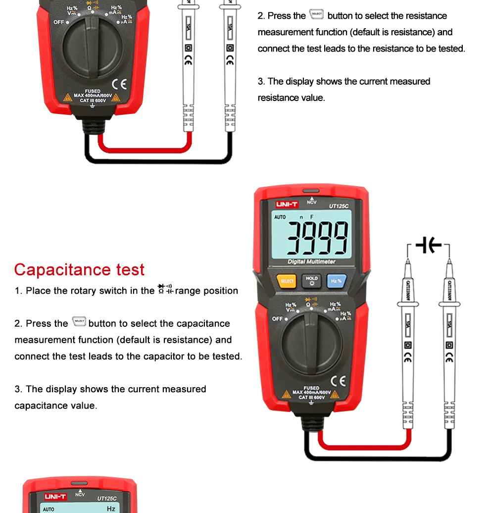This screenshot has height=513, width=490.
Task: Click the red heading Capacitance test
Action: (79, 270)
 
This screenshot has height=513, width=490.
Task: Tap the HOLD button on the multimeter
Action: (312, 281)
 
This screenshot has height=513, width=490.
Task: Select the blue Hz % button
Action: (336, 281)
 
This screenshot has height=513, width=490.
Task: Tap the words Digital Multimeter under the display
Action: (311, 261)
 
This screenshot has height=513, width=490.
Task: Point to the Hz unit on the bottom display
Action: (111, 509)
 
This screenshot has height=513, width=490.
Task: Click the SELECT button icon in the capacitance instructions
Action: (79, 322)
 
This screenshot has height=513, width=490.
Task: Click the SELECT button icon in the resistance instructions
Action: (316, 14)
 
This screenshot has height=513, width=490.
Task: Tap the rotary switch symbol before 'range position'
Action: (165, 290)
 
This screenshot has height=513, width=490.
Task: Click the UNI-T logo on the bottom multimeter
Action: (55, 497)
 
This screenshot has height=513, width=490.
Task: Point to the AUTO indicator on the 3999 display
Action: (280, 217)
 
